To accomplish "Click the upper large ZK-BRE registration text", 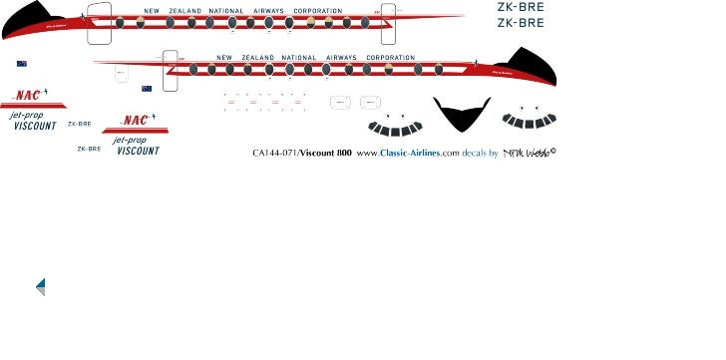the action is click(x=521, y=7).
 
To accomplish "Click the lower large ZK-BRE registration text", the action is click(x=521, y=22).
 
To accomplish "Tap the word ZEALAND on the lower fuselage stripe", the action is click(x=258, y=58).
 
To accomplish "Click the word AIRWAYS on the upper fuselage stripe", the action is click(x=267, y=11).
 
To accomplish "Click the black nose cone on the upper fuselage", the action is click(x=28, y=17).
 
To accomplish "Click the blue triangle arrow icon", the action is click(x=41, y=287).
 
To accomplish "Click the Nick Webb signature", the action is click(x=529, y=153).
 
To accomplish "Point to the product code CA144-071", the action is click(x=275, y=154).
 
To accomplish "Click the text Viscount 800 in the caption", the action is click(x=325, y=154).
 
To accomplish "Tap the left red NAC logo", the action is click(x=28, y=96).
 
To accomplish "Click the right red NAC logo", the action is click(x=135, y=121).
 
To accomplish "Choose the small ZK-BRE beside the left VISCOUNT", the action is click(x=80, y=124).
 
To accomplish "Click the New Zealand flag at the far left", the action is click(x=22, y=64).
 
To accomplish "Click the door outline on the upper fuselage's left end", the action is click(x=99, y=24).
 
